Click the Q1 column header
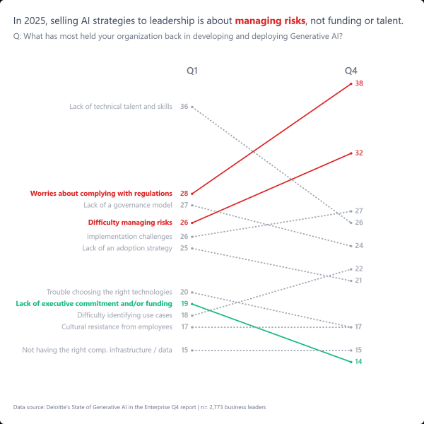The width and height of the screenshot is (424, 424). [x=192, y=71]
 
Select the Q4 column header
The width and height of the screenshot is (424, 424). [x=351, y=71]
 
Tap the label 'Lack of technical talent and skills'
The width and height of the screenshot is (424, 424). [x=121, y=107]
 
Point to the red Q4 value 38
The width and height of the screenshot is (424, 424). [x=359, y=83]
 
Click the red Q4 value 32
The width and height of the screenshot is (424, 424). [x=359, y=153]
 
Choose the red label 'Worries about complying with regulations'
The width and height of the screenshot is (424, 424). [x=101, y=193]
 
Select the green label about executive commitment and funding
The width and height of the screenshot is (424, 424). [x=93, y=303]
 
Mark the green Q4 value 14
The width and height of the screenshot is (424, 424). [x=359, y=362]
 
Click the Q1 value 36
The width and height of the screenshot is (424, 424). [x=184, y=107]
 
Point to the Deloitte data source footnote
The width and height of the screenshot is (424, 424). [x=139, y=407]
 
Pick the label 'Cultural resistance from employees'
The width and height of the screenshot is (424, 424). [x=117, y=327]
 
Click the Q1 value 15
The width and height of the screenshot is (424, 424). [x=184, y=350]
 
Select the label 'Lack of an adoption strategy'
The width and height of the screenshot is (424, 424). [x=127, y=248]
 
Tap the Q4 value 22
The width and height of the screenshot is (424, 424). [x=359, y=269]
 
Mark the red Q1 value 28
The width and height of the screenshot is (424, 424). [x=184, y=193]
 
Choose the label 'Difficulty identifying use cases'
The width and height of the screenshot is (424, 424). [x=124, y=315]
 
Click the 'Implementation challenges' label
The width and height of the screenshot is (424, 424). [x=129, y=237]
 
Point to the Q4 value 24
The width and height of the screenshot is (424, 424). [x=359, y=246]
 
